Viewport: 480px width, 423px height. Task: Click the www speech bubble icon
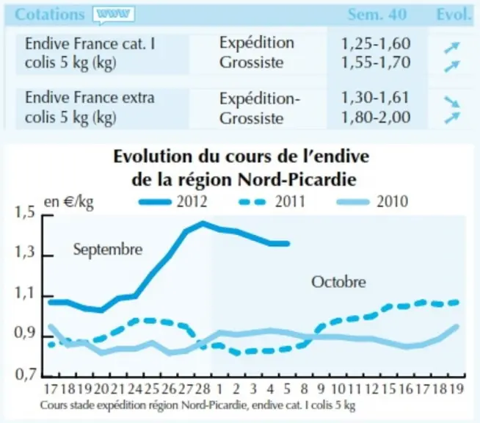[114, 15]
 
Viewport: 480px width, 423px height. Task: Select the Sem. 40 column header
[377, 15]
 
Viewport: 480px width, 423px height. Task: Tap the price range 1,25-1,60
[376, 43]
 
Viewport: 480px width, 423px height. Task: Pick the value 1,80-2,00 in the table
[376, 117]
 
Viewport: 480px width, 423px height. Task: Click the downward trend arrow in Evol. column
[452, 101]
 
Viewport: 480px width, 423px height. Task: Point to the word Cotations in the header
[50, 15]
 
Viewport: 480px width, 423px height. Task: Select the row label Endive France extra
[90, 98]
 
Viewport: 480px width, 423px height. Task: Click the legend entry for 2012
[173, 201]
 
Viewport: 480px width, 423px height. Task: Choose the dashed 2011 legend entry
[272, 201]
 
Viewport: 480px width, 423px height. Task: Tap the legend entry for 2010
[372, 201]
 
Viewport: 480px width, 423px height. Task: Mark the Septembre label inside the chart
[108, 250]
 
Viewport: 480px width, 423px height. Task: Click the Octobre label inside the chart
[338, 282]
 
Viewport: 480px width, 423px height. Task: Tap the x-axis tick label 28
[203, 389]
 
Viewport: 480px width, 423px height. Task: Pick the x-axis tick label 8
[304, 389]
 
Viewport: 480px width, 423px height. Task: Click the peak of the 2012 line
[203, 223]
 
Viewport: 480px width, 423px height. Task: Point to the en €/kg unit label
[69, 202]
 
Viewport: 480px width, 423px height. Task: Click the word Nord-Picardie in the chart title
[297, 179]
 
